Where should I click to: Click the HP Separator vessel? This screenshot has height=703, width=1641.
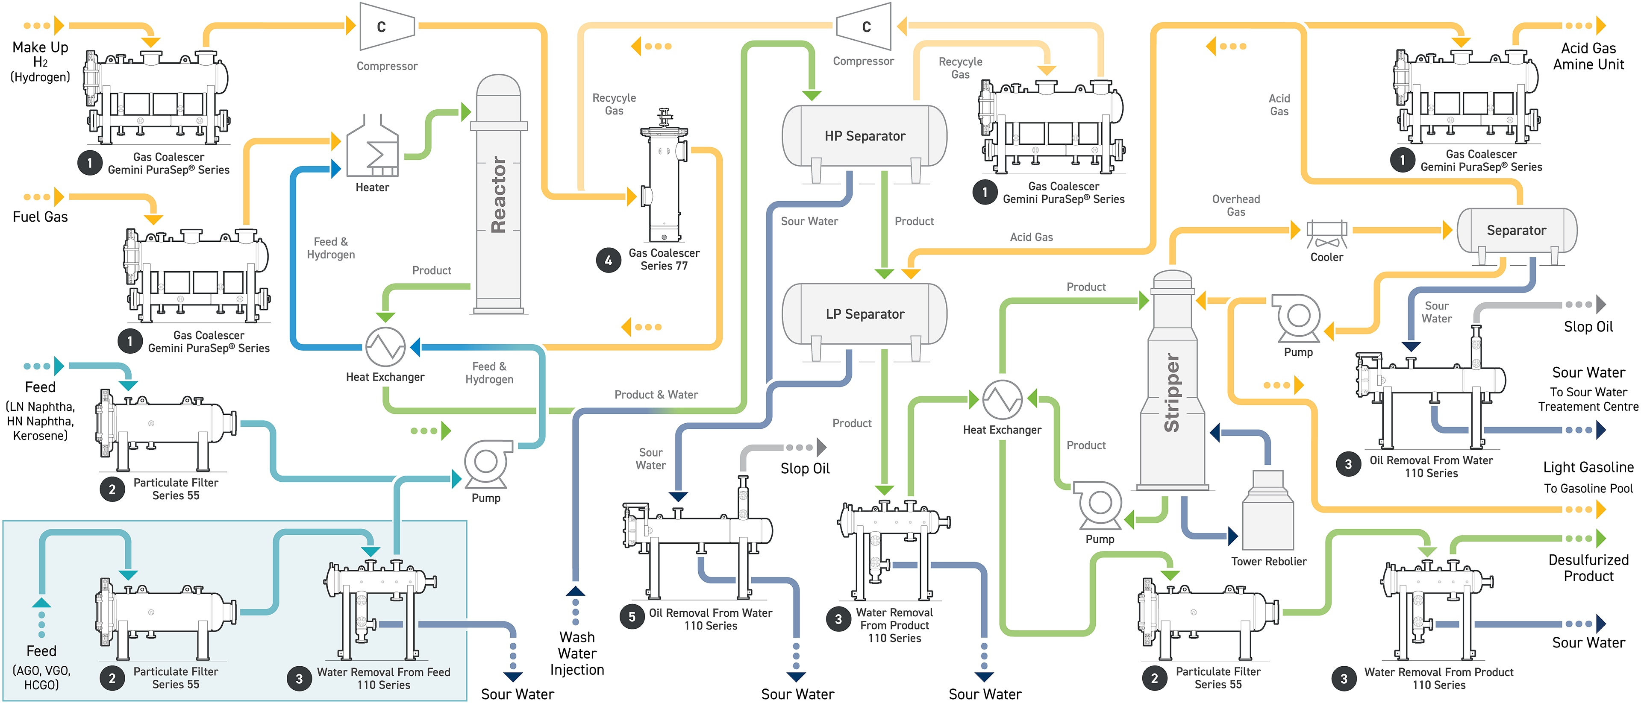tap(865, 136)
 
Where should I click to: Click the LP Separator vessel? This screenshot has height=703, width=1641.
tap(865, 314)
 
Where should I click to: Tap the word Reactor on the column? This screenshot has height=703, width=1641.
tap(499, 194)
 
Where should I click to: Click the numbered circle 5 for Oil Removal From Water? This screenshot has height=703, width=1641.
tap(632, 616)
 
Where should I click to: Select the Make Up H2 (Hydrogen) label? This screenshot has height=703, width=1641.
tap(40, 62)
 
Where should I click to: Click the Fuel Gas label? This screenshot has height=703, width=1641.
tap(40, 217)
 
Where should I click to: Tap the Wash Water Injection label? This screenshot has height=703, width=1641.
tap(577, 653)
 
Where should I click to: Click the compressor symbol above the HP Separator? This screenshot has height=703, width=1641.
tap(865, 27)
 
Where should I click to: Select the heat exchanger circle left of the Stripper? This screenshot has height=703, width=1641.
tap(1002, 400)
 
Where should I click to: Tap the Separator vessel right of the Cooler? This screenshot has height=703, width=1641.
tap(1516, 231)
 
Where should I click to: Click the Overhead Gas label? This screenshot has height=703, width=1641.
tap(1236, 205)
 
